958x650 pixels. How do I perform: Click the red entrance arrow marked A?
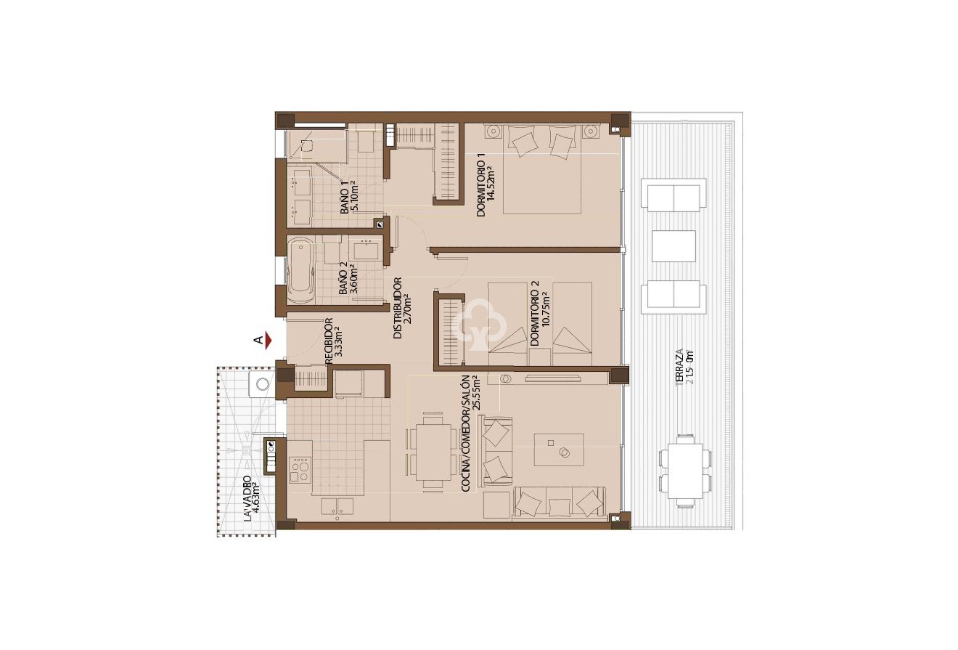[267, 339]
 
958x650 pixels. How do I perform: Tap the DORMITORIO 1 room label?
[486, 186]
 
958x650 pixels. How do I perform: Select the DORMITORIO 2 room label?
[540, 318]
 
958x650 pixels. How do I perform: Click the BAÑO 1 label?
[349, 198]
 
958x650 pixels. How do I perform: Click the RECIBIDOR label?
[335, 341]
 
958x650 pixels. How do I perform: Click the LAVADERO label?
[252, 498]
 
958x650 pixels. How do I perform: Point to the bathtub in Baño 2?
[300, 274]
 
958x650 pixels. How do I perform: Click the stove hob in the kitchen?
[300, 469]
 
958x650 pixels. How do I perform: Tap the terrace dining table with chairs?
[684, 471]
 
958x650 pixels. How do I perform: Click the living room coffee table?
[558, 449]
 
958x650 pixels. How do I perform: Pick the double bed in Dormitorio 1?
[543, 168]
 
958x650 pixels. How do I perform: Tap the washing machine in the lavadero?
[259, 385]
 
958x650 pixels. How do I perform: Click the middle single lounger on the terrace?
[674, 246]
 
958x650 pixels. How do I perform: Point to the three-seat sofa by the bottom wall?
[559, 503]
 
